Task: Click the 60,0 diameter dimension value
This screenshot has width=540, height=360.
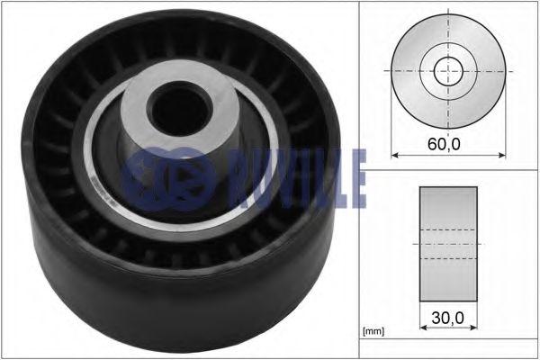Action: pos(444,144)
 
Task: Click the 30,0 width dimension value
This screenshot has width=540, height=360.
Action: pos(447,318)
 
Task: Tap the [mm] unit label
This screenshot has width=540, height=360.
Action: pos(373,331)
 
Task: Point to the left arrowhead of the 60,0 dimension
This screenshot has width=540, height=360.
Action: pos(395,156)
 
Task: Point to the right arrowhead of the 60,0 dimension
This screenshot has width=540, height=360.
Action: pos(502,156)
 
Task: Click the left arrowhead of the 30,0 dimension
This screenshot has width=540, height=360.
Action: pos(423,327)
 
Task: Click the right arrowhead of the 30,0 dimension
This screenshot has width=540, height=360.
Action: pos(474,327)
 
